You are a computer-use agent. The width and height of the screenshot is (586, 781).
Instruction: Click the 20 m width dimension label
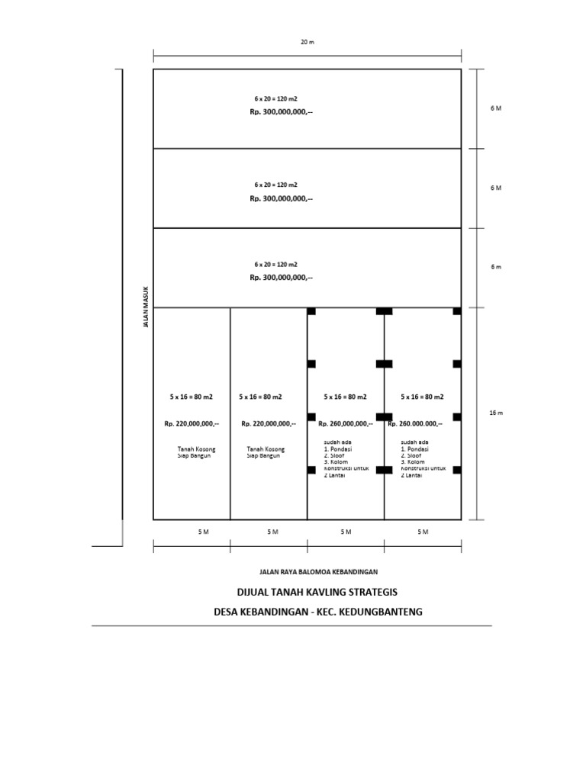307,43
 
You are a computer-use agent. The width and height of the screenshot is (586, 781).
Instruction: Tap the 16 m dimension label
496,413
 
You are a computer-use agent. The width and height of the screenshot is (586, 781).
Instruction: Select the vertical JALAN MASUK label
146,307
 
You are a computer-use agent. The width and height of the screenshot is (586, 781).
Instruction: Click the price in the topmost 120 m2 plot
281,112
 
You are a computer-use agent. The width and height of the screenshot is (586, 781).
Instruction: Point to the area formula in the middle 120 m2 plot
275,185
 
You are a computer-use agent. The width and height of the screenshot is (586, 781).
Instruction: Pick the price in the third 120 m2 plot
281,278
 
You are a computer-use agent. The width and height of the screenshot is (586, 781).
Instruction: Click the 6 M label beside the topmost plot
496,108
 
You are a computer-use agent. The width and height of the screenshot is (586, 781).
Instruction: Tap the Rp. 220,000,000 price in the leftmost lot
192,424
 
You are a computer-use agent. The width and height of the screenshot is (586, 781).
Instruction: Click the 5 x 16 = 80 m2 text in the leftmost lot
191,397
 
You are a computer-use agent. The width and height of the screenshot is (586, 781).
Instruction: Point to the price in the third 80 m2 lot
345,424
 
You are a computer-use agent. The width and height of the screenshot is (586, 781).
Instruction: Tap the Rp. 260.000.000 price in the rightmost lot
414,424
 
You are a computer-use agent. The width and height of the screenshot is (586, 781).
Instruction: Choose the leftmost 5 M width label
203,532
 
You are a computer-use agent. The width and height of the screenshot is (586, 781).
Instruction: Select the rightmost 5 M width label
423,532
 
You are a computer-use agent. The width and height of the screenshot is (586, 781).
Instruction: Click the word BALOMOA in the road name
316,571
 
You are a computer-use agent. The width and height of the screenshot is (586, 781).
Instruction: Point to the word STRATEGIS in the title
372,593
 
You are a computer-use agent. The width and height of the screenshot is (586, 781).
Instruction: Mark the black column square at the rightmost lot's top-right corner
457,311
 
